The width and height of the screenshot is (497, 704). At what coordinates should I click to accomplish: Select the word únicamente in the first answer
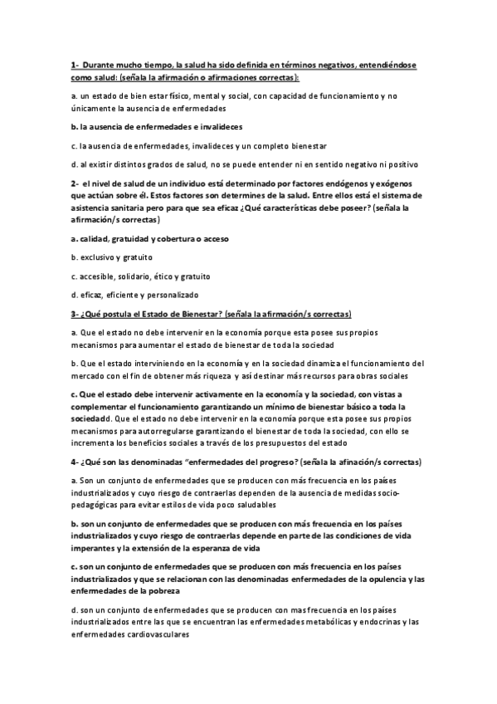[x=90, y=108]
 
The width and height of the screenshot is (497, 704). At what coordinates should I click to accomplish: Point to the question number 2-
[x=75, y=181]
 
